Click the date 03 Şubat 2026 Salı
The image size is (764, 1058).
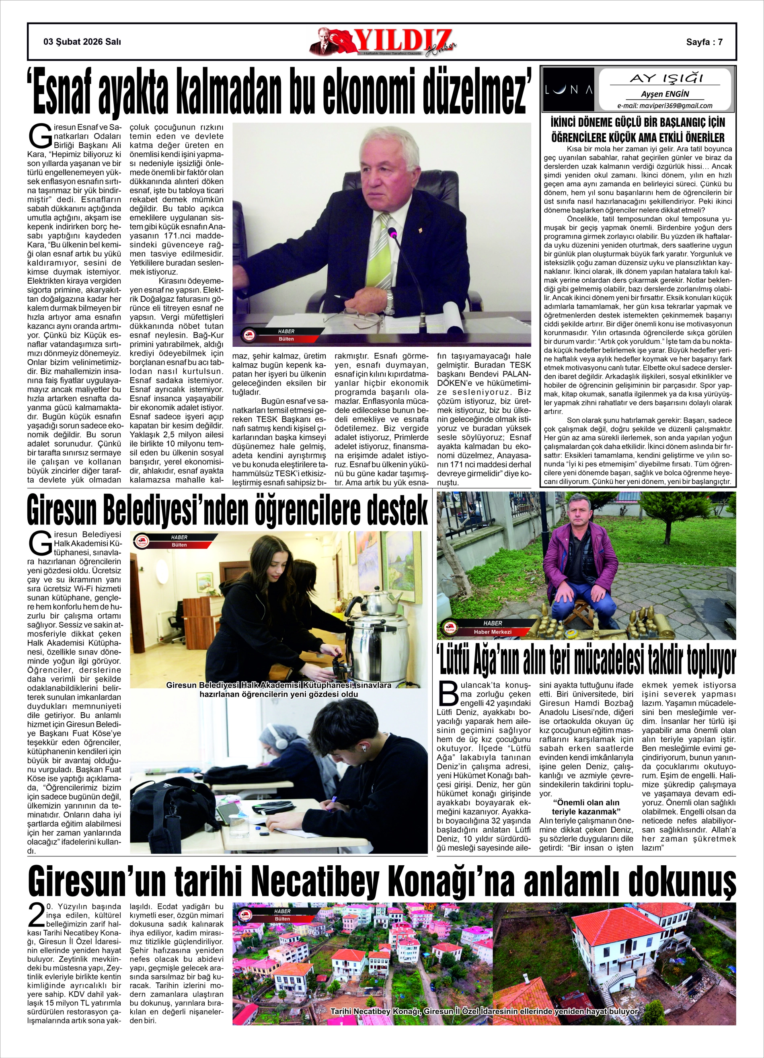[x=82, y=41]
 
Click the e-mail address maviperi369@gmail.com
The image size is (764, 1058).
[x=665, y=105]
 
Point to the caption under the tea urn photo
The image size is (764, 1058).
[x=278, y=690]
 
